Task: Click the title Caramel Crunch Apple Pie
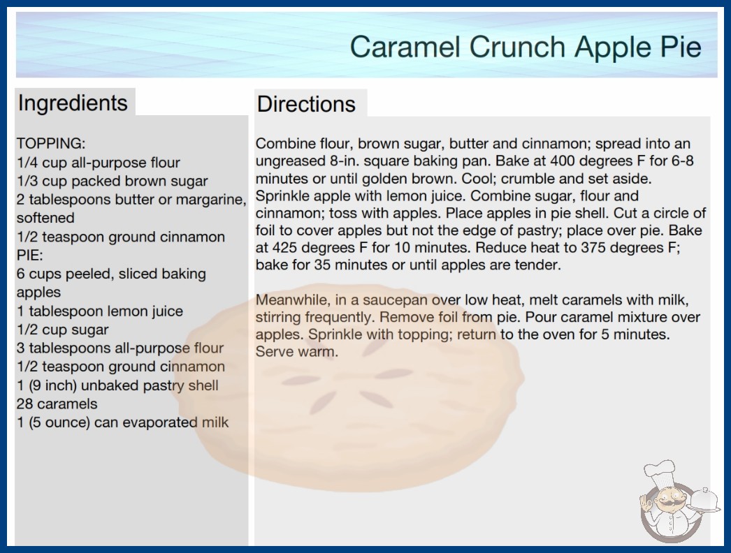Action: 526,47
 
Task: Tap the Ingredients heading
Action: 73,103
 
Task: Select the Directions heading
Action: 306,104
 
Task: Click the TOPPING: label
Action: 51,144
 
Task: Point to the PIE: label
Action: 29,256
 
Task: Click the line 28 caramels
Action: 57,404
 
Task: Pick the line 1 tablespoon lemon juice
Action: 100,311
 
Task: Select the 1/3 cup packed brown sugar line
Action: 112,182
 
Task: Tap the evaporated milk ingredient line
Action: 122,422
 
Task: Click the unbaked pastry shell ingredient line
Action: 117,385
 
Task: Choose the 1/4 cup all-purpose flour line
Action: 98,163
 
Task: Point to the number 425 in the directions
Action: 286,247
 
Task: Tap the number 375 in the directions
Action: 595,247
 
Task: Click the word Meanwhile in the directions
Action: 293,300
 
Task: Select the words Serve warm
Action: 296,351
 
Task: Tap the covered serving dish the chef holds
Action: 704,500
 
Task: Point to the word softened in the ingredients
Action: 45,218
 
